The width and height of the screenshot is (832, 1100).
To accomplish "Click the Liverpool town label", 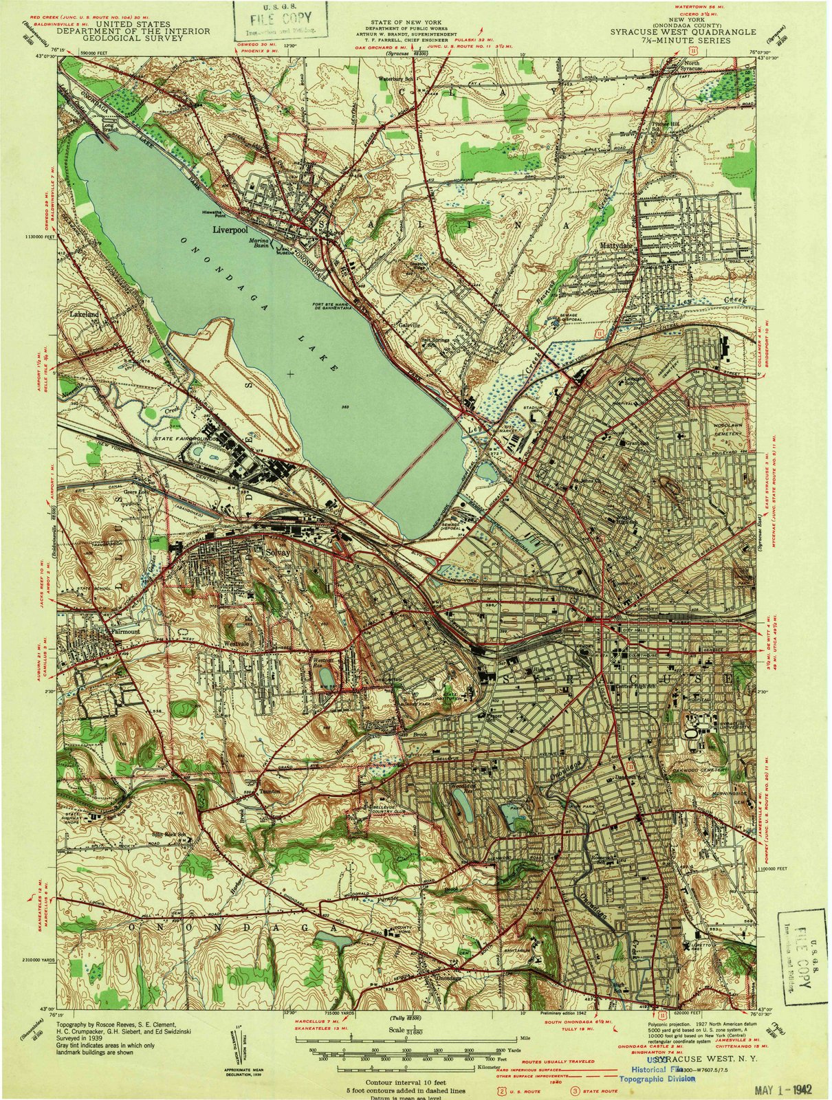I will [229, 232].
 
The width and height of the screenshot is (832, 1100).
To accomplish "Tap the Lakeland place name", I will [85, 314].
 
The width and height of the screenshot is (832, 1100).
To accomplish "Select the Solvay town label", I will [278, 551].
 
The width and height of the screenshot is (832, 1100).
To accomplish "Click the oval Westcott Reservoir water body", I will [326, 678].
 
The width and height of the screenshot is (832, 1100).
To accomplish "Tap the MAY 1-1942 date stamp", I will [772, 1089].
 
